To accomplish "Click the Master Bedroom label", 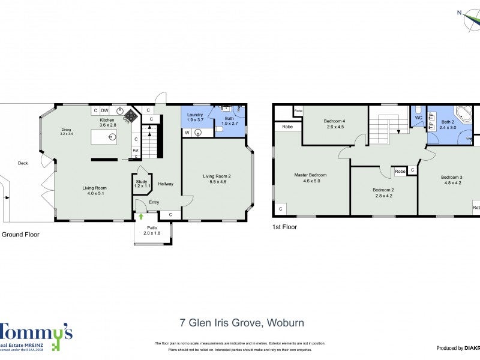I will click(310, 175).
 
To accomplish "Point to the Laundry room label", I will click(195, 115).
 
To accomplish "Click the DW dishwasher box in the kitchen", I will click(104, 110).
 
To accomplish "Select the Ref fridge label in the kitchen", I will click(136, 150).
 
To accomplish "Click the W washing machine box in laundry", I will click(187, 133).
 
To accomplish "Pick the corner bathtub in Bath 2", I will click(463, 115).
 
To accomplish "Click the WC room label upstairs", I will click(419, 118).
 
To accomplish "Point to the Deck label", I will click(23, 163).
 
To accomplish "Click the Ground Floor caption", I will click(20, 235).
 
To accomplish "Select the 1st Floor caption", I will click(284, 227).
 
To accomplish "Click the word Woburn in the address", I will click(284, 323).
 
